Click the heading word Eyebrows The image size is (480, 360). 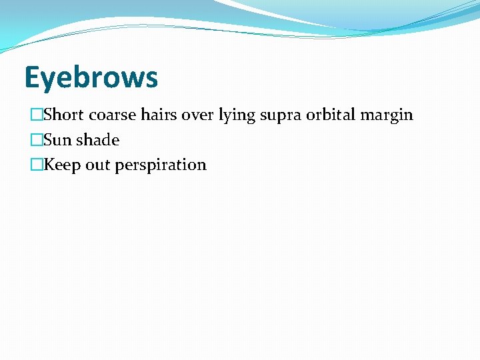point(91,77)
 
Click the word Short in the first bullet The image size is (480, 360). point(64,115)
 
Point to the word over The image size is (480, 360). point(197,115)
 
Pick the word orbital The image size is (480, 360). point(331,115)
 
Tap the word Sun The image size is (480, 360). point(57,140)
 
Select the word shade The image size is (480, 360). point(97,140)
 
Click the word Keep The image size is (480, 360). point(61,165)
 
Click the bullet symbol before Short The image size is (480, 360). point(37,115)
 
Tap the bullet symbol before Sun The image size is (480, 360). point(37,140)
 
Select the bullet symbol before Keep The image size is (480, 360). point(37,165)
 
